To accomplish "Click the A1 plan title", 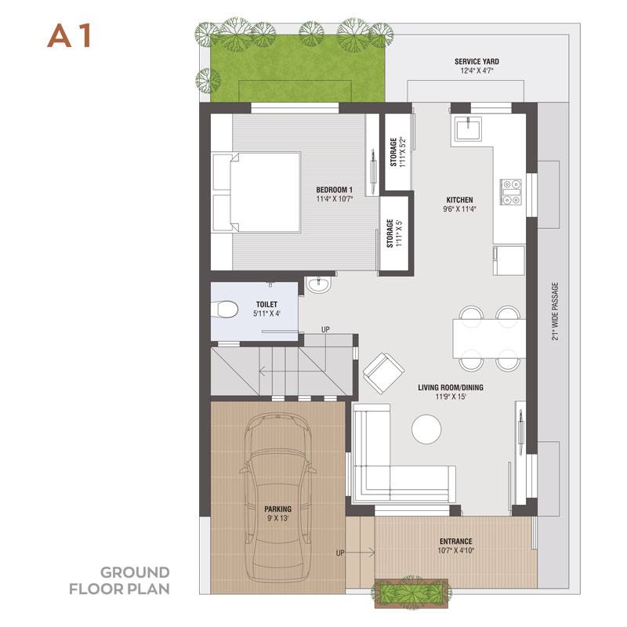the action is click(70, 36).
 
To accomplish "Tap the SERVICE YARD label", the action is click(477, 62).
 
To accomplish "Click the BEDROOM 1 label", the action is click(335, 190).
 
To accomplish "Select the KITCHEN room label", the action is click(459, 200).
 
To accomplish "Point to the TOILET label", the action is click(266, 304).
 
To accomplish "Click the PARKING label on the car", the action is click(278, 509).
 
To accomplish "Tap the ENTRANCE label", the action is click(456, 541).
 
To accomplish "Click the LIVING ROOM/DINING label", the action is click(451, 387).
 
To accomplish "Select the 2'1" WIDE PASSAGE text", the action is click(555, 311).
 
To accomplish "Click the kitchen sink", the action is click(468, 128).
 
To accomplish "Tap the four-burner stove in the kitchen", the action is click(512, 192).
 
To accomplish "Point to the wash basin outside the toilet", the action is click(319, 285).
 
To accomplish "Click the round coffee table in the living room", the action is click(426, 429).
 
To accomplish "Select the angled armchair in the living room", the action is click(383, 373).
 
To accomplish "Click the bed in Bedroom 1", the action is click(256, 192).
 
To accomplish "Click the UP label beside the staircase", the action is click(325, 329).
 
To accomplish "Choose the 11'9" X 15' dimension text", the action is click(451, 397).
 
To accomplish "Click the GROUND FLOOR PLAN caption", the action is click(119, 581).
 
